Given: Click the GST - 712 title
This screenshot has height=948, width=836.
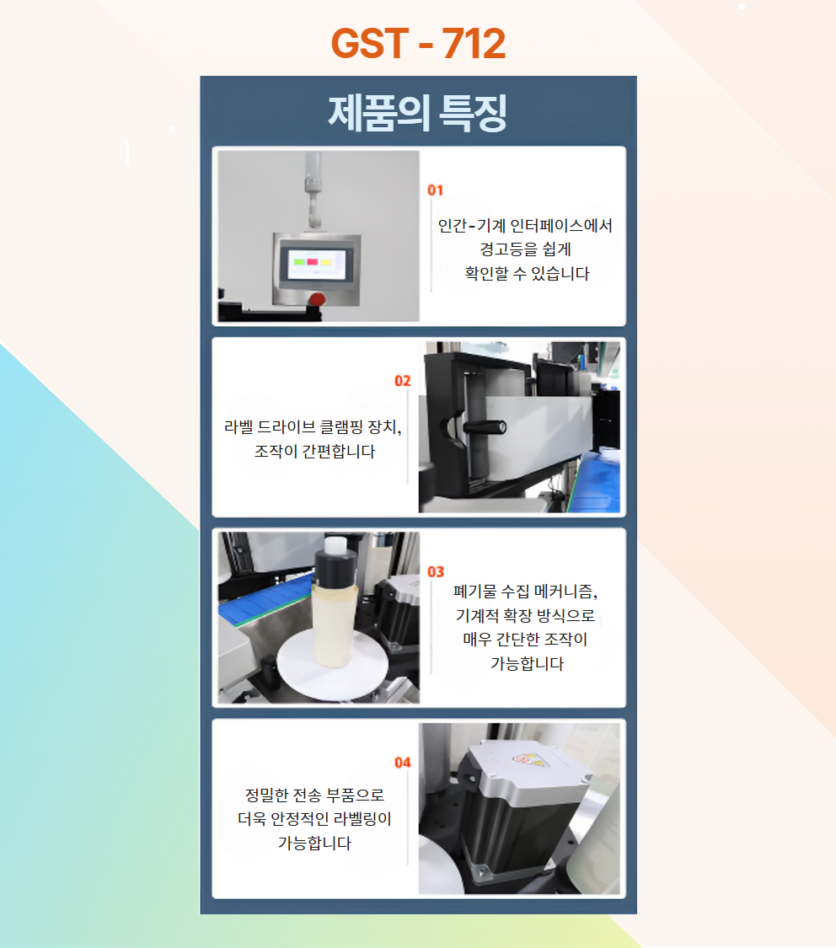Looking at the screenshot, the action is coord(418,44).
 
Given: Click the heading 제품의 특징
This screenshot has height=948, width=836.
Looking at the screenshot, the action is coord(418,113).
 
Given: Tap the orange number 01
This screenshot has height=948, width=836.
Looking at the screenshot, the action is coord(435,190).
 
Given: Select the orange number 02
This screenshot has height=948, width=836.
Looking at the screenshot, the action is coord(403,381).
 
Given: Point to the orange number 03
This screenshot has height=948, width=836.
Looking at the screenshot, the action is coord(436,572).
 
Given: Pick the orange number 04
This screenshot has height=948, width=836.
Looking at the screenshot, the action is coord(403,763).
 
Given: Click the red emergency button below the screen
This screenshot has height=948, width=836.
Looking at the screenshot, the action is coord(316,298).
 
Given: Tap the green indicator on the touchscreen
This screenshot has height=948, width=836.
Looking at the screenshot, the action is coord(299,262).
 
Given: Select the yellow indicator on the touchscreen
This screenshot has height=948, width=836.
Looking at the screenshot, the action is coord(326,262).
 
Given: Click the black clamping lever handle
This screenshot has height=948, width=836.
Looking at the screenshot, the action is coord(485,427).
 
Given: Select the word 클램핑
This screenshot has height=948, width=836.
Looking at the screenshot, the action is coord(341,427).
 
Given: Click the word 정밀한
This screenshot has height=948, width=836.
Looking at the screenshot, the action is coord(266,795).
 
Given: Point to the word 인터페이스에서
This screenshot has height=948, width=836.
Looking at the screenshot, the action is coord(561,226).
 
